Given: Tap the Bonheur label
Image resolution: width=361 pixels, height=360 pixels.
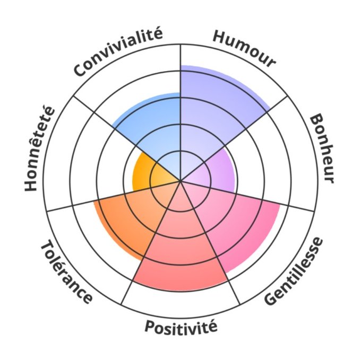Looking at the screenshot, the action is pyautogui.click(x=322, y=149).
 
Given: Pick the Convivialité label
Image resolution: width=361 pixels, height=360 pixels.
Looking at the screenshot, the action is pyautogui.click(x=118, y=53).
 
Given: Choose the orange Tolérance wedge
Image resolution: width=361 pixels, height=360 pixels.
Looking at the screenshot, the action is pyautogui.click(x=127, y=217).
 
